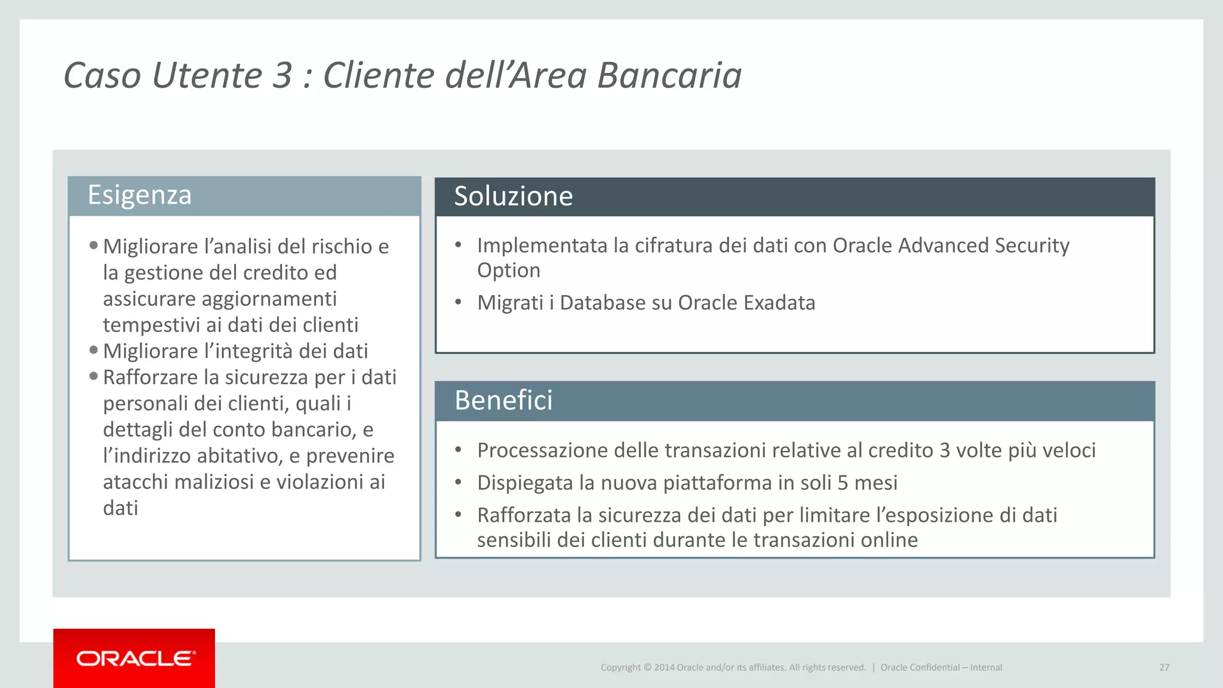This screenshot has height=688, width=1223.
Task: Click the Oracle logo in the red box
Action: pos(136,658)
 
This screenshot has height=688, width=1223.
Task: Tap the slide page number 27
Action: pos(1164,667)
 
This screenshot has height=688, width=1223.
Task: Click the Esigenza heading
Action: pos(140,195)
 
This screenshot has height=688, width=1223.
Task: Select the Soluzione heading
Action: pos(513,196)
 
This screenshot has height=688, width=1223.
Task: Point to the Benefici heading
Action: pos(503,400)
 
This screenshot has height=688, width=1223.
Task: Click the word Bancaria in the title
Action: pos(669,76)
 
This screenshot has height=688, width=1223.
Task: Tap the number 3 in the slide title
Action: pos(282,76)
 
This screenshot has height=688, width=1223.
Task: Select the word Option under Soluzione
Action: pos(508,271)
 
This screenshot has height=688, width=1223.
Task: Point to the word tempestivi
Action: pos(152,325)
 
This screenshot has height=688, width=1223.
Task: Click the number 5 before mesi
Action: pos(843,483)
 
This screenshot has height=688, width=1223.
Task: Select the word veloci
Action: pos(1068,450)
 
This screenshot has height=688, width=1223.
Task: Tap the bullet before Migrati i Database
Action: pos(458,302)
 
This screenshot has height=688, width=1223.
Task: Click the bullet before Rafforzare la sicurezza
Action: pos(94,376)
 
